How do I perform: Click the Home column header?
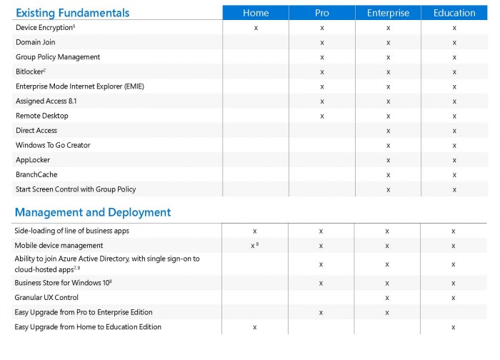[256, 13]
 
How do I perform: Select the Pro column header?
[322, 13]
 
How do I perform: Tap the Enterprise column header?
[388, 13]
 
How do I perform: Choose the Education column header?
[454, 13]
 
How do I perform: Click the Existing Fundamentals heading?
[72, 13]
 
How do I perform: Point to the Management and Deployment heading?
[93, 212]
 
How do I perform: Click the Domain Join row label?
[35, 42]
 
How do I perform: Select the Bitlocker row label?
[31, 71]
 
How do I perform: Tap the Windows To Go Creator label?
[53, 145]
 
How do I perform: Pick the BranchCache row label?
[36, 174]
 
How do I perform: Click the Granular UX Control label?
[46, 297]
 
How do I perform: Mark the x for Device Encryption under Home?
[256, 28]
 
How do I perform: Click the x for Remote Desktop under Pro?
[322, 116]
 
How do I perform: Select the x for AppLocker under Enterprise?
[388, 160]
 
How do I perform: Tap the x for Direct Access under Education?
[454, 131]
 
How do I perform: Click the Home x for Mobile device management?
[253, 246]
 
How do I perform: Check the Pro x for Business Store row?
[321, 283]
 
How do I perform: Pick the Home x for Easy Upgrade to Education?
[254, 327]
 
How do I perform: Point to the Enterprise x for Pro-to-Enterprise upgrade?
[387, 312]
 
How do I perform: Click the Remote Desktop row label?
[42, 116]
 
